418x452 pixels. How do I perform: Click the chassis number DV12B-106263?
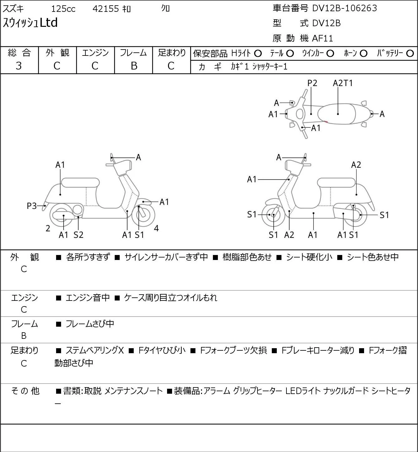(344, 8)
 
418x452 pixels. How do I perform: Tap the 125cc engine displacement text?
(63, 9)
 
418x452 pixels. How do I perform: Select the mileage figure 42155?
(106, 9)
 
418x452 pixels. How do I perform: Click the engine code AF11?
(322, 38)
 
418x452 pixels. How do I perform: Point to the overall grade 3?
(19, 66)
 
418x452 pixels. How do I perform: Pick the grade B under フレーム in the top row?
(134, 66)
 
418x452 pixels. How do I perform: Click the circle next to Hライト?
(258, 54)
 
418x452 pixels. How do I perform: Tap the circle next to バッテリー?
(410, 54)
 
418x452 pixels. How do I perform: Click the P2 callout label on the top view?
(312, 83)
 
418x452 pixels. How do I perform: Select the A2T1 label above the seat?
(343, 83)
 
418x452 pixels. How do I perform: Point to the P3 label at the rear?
(32, 206)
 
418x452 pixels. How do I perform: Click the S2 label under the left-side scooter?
(79, 235)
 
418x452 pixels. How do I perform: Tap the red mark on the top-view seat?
(326, 122)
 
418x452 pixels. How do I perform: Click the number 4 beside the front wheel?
(156, 228)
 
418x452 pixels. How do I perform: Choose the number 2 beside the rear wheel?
(48, 228)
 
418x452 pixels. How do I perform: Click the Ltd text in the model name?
(49, 22)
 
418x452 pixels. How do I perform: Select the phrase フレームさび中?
(90, 324)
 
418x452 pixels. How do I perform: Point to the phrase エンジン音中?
(88, 297)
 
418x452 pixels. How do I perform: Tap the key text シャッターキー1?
(270, 67)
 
